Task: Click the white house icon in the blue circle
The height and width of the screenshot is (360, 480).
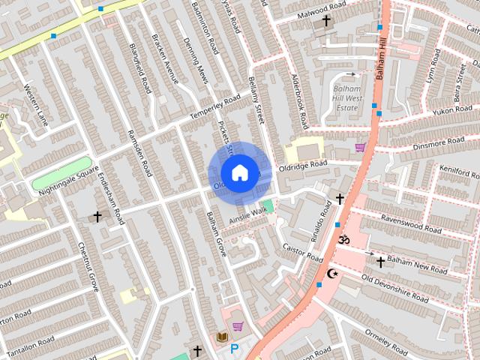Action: tap(239, 172)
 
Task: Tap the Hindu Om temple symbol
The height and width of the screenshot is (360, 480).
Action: tap(344, 240)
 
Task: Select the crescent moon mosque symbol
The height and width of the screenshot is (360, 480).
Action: tap(333, 274)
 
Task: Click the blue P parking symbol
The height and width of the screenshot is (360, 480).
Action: tap(235, 349)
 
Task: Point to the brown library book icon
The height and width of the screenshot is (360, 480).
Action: tap(222, 337)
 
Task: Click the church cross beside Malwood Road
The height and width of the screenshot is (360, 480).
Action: tap(326, 21)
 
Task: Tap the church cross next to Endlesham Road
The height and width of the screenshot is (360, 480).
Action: tap(97, 217)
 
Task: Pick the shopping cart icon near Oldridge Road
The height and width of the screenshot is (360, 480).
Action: tap(360, 147)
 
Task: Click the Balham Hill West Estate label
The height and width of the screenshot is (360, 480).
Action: tap(346, 98)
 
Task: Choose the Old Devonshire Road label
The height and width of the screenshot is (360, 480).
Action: tap(394, 289)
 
